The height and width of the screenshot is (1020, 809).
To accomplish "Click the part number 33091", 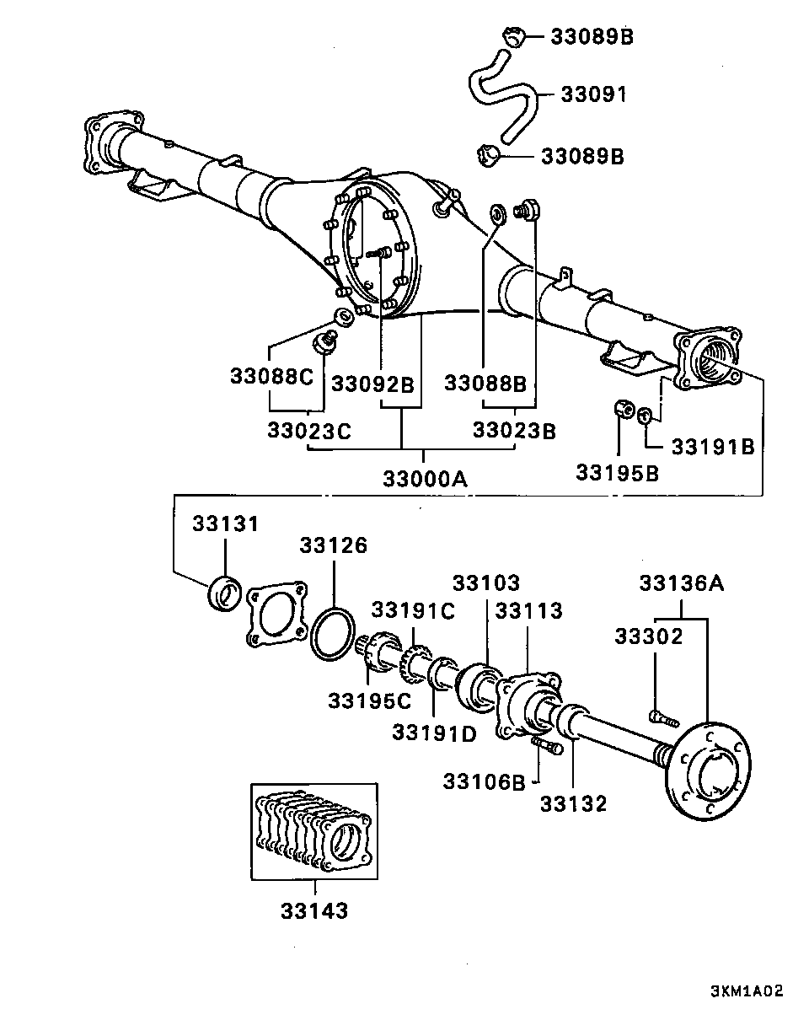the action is point(593,94).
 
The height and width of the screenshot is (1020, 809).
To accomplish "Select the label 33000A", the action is point(425,479).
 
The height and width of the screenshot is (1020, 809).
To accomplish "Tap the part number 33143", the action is point(314,910).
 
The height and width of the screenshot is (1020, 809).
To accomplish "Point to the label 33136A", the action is point(682,583).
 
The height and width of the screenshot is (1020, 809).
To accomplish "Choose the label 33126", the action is point(333,545).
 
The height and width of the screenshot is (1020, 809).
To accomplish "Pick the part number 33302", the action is point(648,636).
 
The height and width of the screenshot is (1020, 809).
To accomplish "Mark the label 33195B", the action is point(617,473).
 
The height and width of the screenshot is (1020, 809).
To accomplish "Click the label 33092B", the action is point(372,384).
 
